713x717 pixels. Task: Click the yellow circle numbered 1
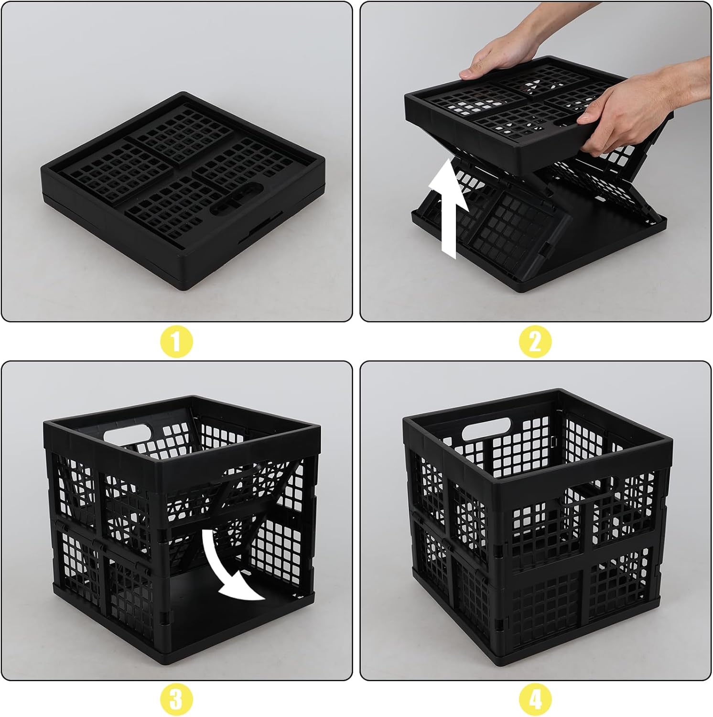pyautogui.click(x=176, y=342)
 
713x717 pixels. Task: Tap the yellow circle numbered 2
pyautogui.click(x=535, y=342)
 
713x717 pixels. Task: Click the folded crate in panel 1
pyautogui.click(x=183, y=191)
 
